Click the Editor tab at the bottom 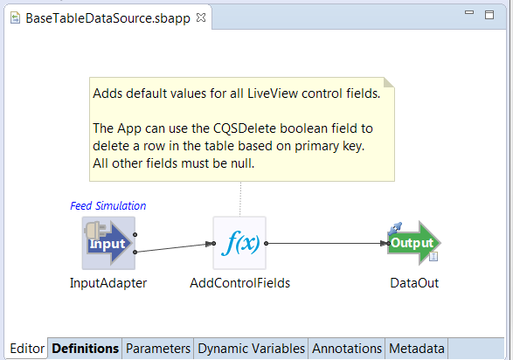click(x=27, y=349)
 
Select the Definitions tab click(x=85, y=349)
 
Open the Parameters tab click(x=158, y=349)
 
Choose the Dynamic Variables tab click(x=252, y=349)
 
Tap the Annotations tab click(x=347, y=349)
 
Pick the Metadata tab click(x=417, y=349)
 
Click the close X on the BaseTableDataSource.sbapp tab click(x=201, y=17)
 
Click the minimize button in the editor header click(x=469, y=12)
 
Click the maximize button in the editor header click(x=489, y=15)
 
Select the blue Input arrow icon click(x=108, y=243)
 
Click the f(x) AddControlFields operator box click(x=239, y=243)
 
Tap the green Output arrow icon click(x=414, y=243)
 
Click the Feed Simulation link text click(x=108, y=205)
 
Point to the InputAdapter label click(x=108, y=283)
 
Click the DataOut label click(x=414, y=283)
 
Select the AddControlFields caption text click(x=239, y=283)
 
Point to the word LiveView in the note click(x=273, y=93)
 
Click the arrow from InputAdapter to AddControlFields click(x=175, y=247)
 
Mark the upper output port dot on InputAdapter click(x=135, y=234)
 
